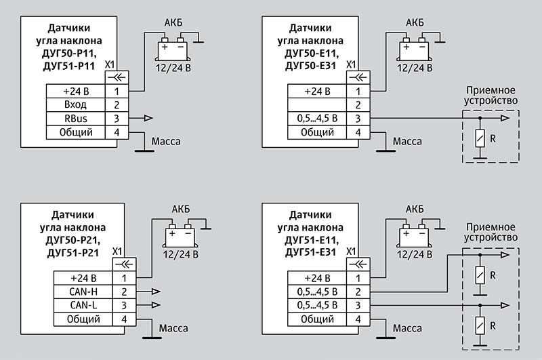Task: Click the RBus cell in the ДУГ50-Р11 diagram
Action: (x=75, y=119)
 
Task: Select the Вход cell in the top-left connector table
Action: (x=75, y=104)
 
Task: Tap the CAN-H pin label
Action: (x=84, y=291)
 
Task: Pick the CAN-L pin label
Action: (x=84, y=305)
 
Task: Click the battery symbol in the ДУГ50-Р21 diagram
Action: (x=180, y=235)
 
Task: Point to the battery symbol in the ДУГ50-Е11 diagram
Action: (x=414, y=50)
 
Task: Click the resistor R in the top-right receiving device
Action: (x=480, y=140)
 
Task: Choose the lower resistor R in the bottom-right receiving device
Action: (x=480, y=323)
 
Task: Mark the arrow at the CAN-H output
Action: (x=155, y=291)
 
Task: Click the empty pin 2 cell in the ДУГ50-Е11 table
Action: (x=316, y=104)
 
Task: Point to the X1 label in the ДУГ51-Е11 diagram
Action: (x=351, y=250)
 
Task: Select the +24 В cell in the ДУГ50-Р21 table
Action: (x=84, y=277)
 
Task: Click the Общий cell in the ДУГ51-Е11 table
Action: (x=316, y=319)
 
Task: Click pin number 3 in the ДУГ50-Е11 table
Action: (x=358, y=119)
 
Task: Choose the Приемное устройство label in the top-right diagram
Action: (x=491, y=96)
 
